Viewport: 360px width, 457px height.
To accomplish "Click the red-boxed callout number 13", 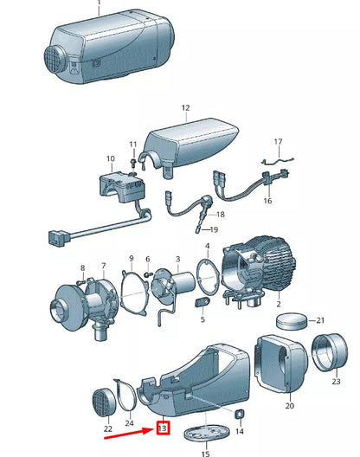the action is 163,428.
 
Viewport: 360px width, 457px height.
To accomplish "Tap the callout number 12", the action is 186,108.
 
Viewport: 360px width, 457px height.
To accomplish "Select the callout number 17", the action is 279,142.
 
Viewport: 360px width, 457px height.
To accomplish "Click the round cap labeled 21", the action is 292,322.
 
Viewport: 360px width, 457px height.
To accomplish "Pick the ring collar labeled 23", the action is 330,352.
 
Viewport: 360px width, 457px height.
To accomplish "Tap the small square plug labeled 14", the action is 240,414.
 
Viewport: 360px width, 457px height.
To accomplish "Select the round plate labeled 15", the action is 207,433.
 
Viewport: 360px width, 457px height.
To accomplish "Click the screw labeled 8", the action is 80,282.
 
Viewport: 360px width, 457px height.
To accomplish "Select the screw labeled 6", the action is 149,274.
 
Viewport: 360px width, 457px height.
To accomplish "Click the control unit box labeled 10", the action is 122,187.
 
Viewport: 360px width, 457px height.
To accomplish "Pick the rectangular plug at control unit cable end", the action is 59,238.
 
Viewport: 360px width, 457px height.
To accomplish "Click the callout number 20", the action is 289,405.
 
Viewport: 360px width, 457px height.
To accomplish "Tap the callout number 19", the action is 214,229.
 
